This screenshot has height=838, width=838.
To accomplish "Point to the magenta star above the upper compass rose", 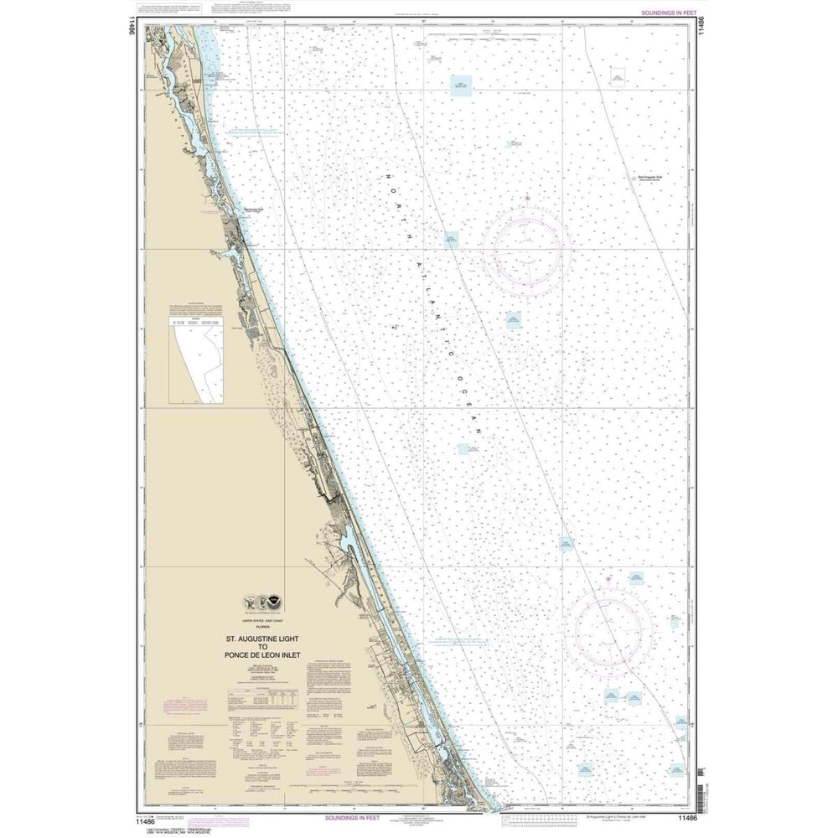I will click(528, 199).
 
